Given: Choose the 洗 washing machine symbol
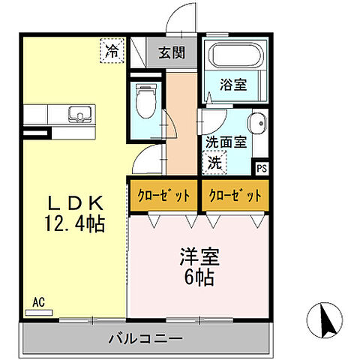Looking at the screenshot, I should (214, 160).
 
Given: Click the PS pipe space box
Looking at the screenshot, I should (261, 168).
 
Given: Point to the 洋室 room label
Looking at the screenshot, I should (198, 258).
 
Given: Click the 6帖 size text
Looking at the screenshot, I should (198, 277).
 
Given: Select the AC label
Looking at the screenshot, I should (38, 302).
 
